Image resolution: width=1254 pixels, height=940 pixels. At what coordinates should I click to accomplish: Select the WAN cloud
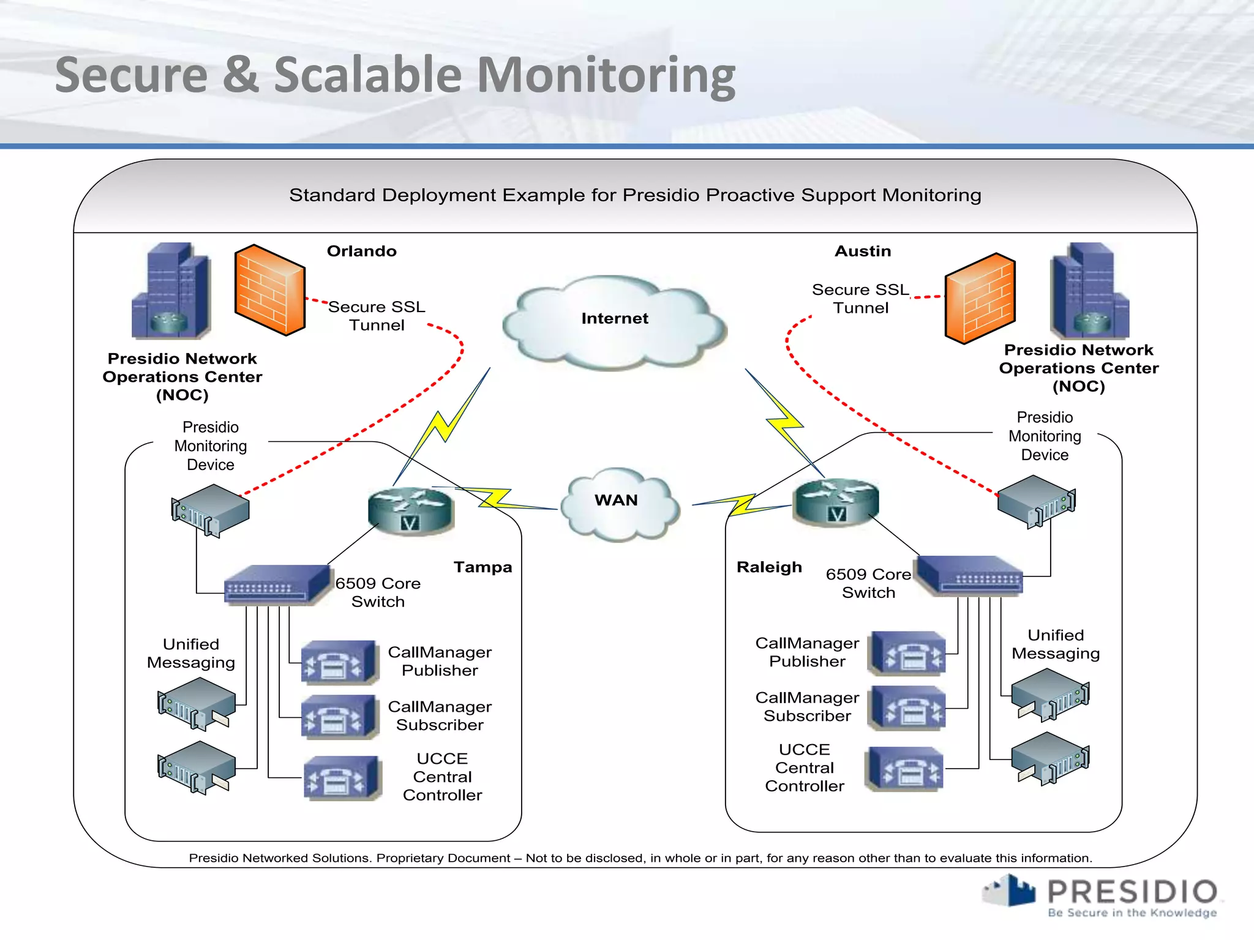click(618, 505)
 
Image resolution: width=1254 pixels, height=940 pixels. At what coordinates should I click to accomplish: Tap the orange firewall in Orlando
click(270, 290)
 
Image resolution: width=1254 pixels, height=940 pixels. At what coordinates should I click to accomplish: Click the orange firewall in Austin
click(980, 299)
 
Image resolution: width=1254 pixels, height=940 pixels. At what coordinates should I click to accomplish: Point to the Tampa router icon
click(411, 511)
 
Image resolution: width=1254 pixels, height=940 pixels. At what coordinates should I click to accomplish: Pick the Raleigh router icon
click(836, 502)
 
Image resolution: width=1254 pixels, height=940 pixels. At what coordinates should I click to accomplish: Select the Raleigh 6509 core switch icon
click(971, 575)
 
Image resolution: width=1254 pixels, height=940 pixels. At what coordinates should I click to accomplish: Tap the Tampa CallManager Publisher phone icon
click(339, 662)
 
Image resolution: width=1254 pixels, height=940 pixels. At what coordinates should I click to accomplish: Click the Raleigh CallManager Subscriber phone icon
click(907, 707)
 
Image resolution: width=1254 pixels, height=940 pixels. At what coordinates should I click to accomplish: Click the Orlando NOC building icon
click(171, 291)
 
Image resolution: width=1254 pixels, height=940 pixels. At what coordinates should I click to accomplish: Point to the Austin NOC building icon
click(1089, 291)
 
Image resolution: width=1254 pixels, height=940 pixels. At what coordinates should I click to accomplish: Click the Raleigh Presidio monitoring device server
click(1036, 501)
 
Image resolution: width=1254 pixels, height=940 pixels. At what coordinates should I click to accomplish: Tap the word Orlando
click(361, 252)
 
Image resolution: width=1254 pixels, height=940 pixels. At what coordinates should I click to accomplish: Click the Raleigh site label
click(769, 567)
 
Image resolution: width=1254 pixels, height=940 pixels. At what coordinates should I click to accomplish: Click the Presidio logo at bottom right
click(1102, 897)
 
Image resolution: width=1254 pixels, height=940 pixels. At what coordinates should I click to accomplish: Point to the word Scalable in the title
click(367, 75)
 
